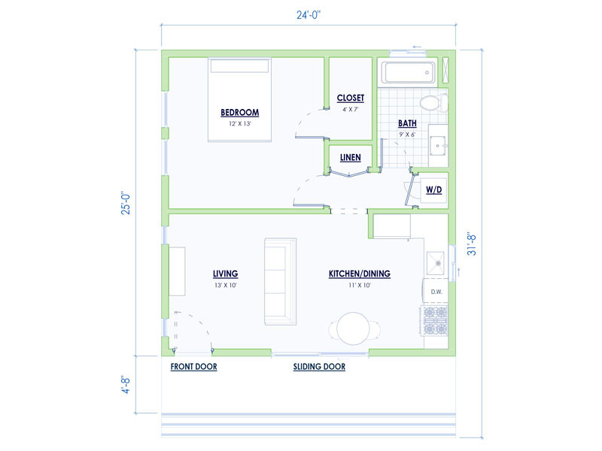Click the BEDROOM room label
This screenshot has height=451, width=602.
[x=239, y=113]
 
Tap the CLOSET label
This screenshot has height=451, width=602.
[x=350, y=98]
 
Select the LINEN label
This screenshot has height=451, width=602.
[x=350, y=158]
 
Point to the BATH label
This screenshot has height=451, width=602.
[x=407, y=123]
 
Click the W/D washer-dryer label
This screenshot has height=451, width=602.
[x=434, y=190]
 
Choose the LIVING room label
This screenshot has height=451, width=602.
[x=225, y=274]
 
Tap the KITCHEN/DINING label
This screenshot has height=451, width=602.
[x=359, y=274]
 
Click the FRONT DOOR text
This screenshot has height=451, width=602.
[x=193, y=367]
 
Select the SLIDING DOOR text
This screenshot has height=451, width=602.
[x=319, y=367]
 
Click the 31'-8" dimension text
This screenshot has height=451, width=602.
[x=471, y=244]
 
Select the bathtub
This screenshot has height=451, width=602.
[x=408, y=73]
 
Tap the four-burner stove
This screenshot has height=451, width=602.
[x=436, y=320]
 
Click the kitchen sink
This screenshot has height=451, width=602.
[x=436, y=262]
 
